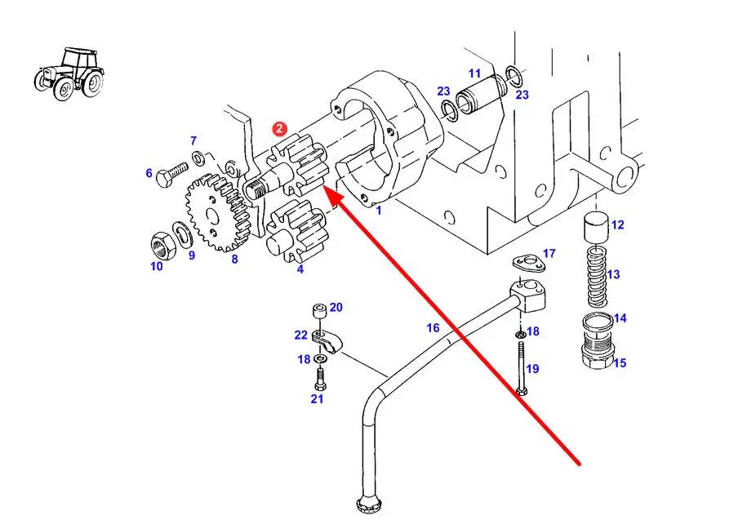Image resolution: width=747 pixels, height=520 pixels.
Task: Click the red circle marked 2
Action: (x=280, y=129)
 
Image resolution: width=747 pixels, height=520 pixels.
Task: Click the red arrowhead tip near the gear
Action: (x=324, y=187)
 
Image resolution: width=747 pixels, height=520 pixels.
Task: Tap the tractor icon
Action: (x=69, y=73)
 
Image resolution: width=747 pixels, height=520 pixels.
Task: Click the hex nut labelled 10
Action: (x=162, y=245)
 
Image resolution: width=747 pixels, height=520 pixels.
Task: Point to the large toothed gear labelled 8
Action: (x=217, y=213)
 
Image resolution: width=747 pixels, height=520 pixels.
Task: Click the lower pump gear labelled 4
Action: (x=295, y=231)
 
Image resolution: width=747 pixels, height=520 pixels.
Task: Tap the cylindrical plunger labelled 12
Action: (x=596, y=229)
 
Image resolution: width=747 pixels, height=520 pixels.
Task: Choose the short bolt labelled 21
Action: (x=320, y=380)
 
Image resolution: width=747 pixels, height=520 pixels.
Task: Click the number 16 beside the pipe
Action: (x=433, y=327)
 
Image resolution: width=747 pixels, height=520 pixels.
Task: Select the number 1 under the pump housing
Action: (x=379, y=210)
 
